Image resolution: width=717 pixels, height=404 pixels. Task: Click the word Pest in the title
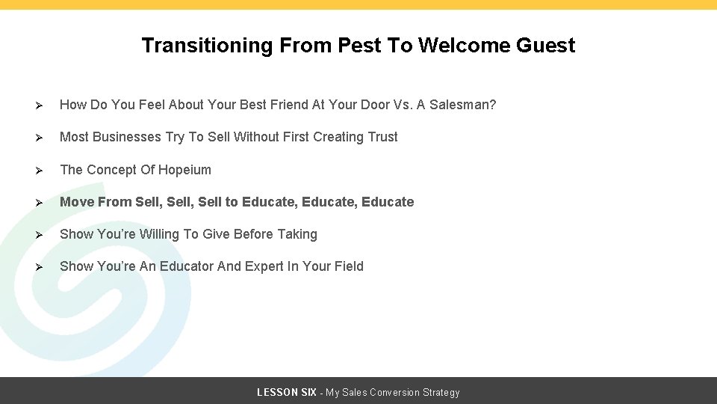point(359,46)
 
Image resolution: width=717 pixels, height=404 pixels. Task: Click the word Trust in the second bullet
point(382,137)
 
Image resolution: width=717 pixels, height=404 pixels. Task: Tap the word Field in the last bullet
point(347,266)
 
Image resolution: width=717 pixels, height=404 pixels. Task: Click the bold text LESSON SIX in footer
point(286,392)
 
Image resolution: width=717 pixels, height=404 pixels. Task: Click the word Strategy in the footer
point(441,392)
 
